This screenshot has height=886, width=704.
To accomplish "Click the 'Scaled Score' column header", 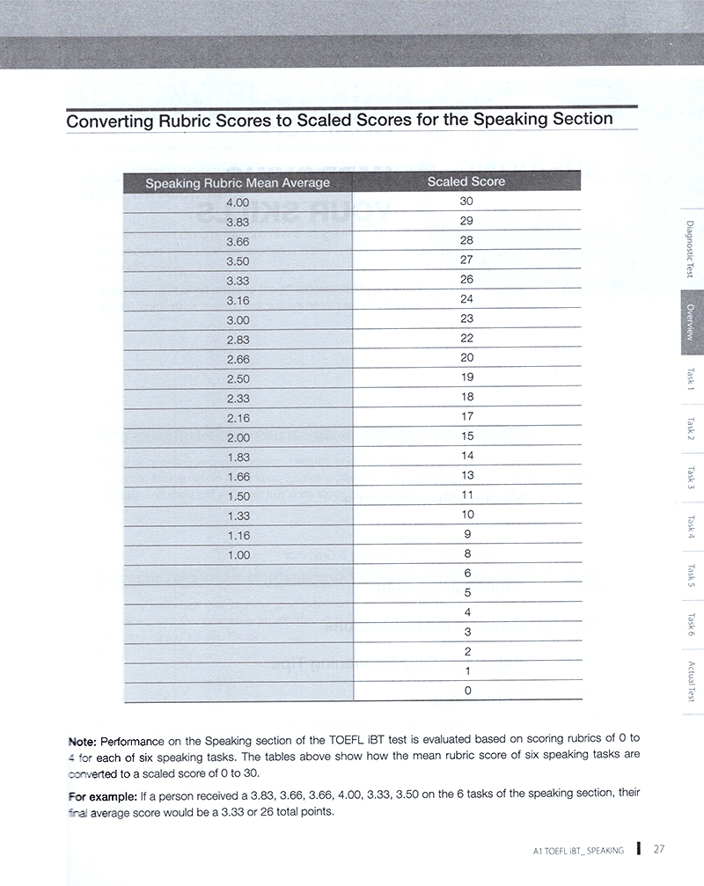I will [x=466, y=182].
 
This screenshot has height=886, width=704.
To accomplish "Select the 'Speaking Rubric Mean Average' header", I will [x=238, y=183].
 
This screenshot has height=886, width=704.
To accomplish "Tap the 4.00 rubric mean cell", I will [x=238, y=202].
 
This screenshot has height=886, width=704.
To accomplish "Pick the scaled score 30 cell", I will [x=466, y=201].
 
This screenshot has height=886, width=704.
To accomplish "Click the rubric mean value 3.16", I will [x=238, y=300].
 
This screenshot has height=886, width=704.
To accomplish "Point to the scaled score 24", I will [x=466, y=299].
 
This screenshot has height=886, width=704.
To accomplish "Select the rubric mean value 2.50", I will [x=238, y=378].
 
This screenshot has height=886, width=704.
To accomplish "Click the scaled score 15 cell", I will [x=466, y=436].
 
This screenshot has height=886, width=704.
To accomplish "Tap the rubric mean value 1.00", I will [x=238, y=555].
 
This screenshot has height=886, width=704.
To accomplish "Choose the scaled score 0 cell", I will [x=467, y=691].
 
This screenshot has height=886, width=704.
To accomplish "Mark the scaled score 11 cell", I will [x=467, y=495].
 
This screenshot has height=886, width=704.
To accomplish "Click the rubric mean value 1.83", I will [x=238, y=457].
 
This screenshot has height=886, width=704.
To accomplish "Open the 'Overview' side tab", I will [x=691, y=322].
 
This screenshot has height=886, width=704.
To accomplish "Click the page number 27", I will [x=659, y=849].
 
